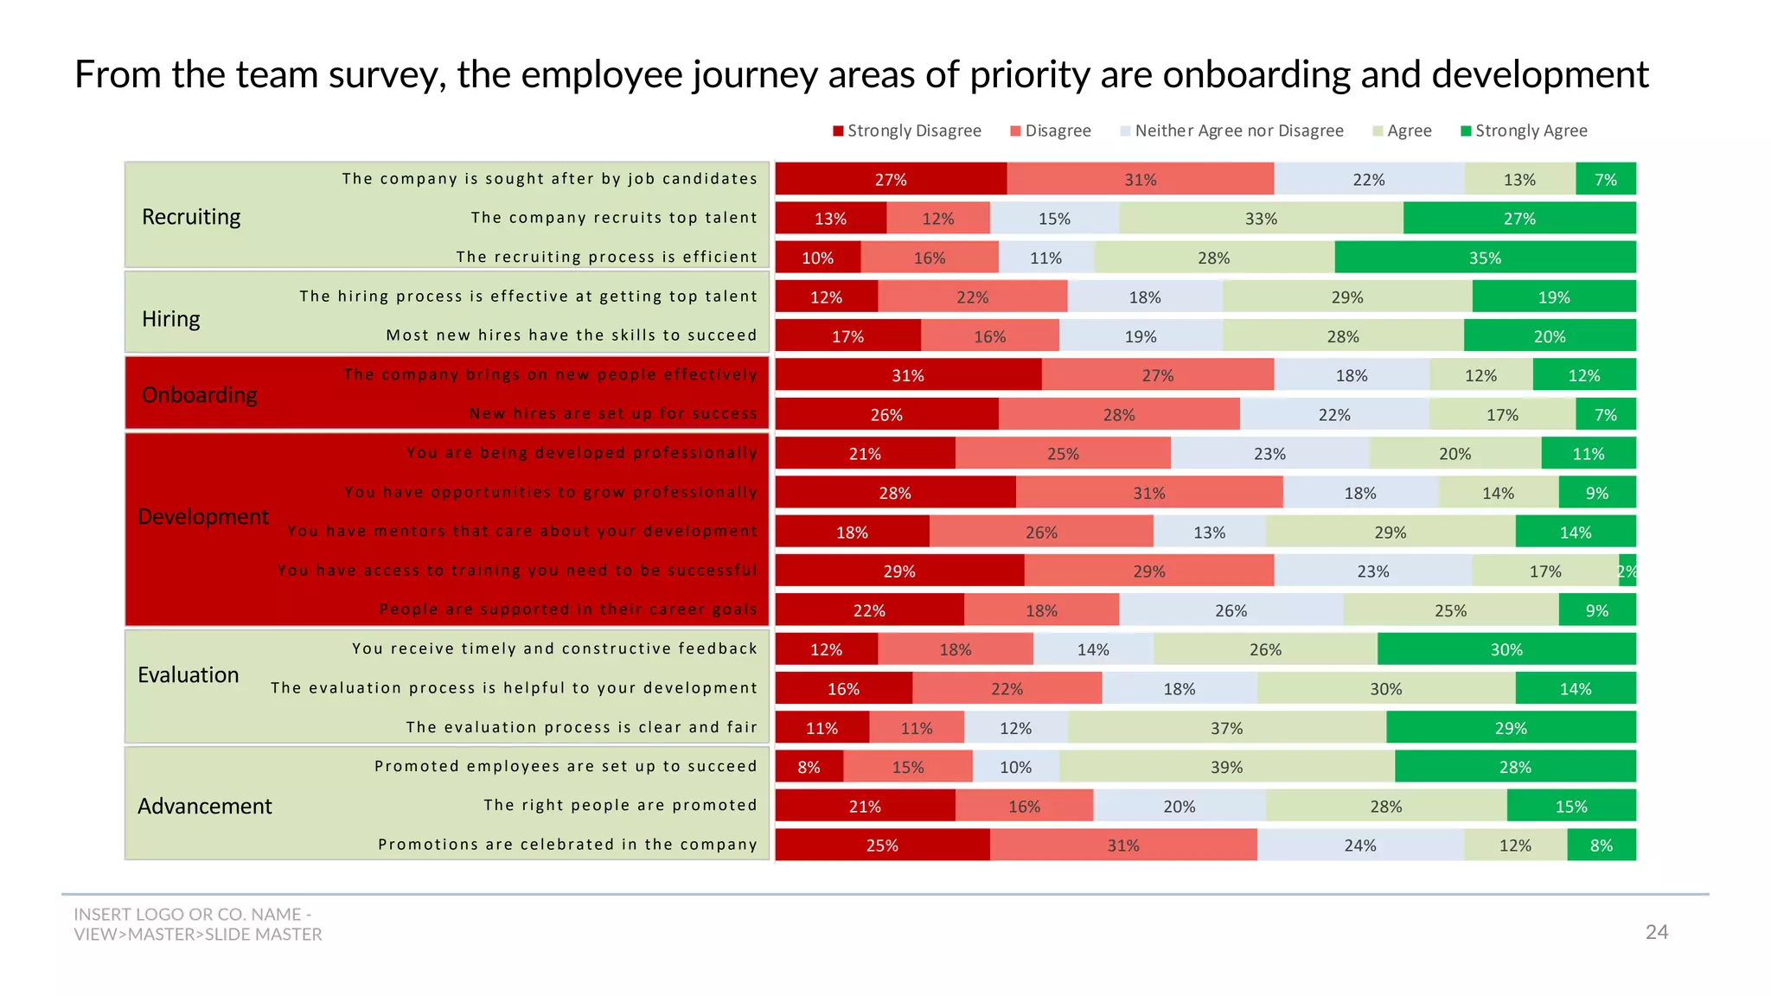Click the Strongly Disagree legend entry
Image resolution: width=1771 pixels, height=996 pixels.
coord(907,131)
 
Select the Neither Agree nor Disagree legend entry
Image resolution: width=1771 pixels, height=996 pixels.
coord(1231,131)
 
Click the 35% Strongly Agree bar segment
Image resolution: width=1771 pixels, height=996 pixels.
coord(1485,258)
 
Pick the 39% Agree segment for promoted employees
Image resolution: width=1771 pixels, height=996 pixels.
coord(1226,767)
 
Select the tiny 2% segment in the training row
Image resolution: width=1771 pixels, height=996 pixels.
coord(1627,571)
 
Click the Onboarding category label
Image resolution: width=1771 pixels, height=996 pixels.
coord(200,395)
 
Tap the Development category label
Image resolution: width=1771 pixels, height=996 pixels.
coord(203,517)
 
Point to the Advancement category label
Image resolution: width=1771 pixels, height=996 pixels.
coord(205,806)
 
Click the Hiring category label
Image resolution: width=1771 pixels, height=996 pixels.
coord(171,319)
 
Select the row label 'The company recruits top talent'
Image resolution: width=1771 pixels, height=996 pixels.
coord(614,218)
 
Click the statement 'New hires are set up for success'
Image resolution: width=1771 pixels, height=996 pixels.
coord(613,414)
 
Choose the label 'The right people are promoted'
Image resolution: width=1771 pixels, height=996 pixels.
coord(620,805)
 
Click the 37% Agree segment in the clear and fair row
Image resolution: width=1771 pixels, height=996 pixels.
coord(1226,728)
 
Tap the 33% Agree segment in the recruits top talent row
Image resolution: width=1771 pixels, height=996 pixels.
coord(1261,219)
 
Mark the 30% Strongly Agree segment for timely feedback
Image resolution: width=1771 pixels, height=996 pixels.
coord(1506,649)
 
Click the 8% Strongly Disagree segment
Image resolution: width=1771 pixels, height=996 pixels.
coord(809,767)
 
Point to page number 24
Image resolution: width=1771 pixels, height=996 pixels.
coord(1656,932)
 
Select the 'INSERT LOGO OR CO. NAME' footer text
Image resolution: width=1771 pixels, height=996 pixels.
coord(192,915)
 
